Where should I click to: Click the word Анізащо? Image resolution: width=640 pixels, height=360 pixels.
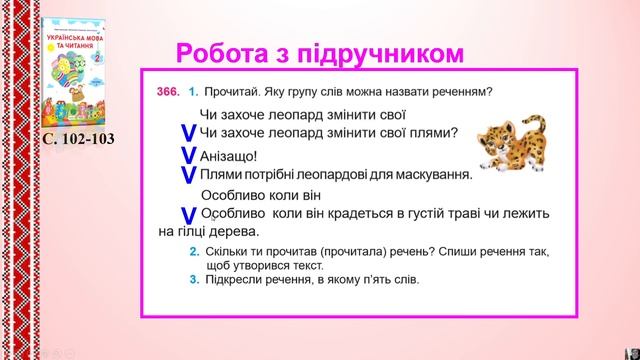228,155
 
